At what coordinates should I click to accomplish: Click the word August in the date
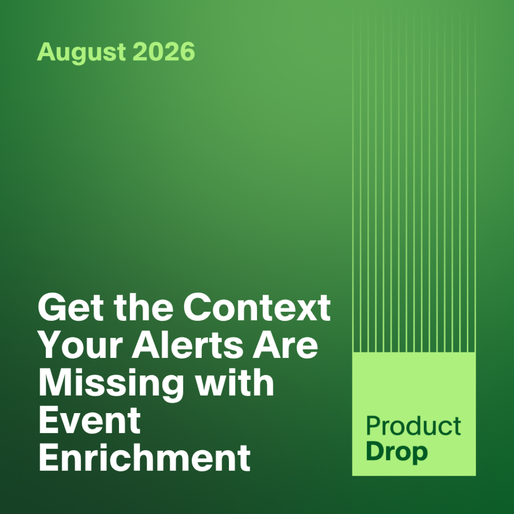click(81, 52)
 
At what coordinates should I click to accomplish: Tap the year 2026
click(164, 51)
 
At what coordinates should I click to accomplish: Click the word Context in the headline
click(256, 308)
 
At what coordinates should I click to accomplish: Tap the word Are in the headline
click(285, 345)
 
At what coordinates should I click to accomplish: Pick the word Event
click(90, 420)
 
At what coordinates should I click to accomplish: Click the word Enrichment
click(145, 457)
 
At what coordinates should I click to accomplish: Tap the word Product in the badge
click(414, 426)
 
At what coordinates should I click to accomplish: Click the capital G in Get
click(52, 308)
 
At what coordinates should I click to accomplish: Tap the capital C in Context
click(198, 308)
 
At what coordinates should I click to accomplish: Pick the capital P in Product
click(373, 426)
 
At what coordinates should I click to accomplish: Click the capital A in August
click(46, 51)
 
